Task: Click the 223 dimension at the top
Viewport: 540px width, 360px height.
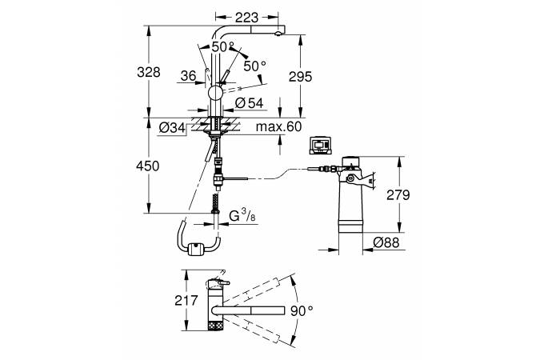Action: tap(246, 16)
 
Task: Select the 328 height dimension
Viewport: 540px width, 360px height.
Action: tap(148, 72)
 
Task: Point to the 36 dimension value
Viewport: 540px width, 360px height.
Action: tap(189, 76)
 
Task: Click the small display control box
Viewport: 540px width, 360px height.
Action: tap(319, 144)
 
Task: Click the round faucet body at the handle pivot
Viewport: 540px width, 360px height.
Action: tap(217, 94)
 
